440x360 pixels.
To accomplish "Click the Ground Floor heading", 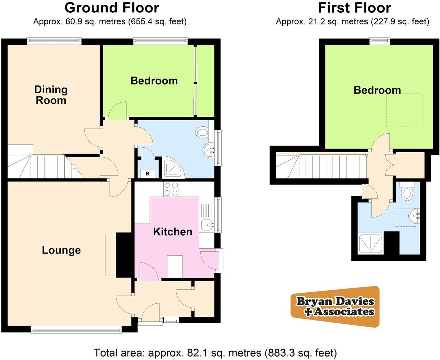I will click(112, 8).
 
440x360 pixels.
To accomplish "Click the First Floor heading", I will click(354, 8).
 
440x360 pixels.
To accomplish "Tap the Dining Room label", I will click(51, 95).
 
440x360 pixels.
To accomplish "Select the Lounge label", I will click(61, 250).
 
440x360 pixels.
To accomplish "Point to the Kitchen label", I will click(173, 232).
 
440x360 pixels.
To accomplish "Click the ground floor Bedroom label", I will click(154, 81).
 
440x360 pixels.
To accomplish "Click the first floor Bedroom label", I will click(377, 90).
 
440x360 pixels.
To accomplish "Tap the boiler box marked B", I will click(147, 173).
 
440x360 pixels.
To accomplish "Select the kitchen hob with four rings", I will click(172, 189).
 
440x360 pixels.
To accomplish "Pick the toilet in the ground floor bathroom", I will click(202, 132).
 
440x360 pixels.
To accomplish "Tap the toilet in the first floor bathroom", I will click(408, 193).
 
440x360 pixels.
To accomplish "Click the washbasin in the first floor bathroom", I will click(415, 216).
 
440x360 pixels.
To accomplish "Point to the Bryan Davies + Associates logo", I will click(335, 306).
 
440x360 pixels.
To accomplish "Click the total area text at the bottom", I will click(215, 352).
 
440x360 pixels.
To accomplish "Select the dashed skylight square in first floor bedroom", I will click(404, 110).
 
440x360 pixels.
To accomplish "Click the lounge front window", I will click(76, 330).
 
